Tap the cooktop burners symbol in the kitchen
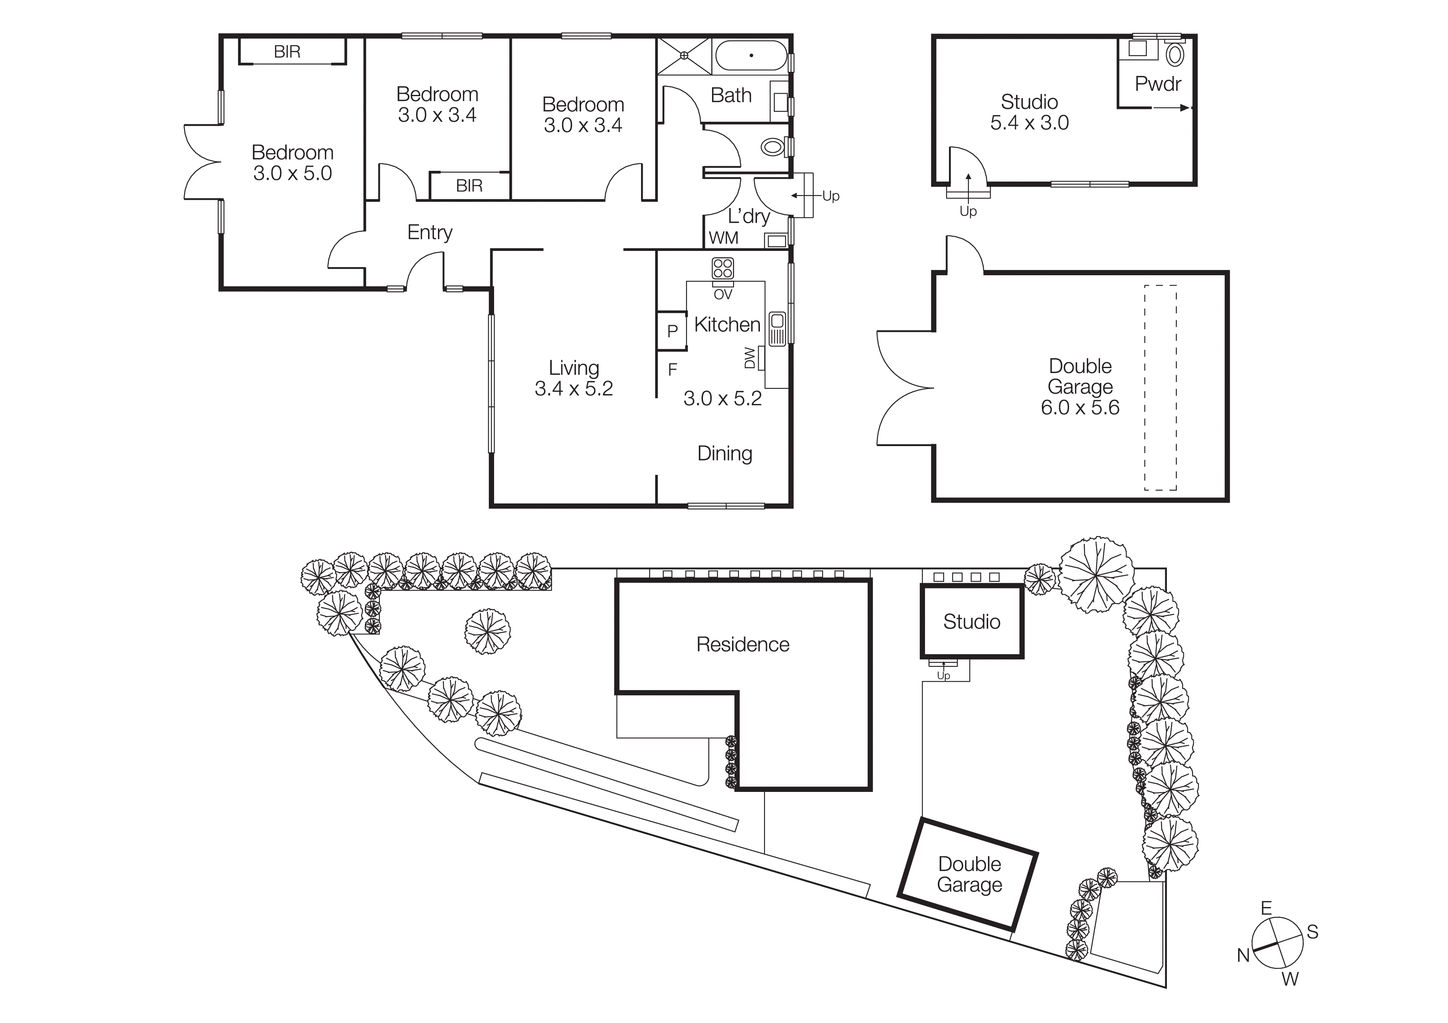coord(723,268)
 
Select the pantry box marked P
coord(672,330)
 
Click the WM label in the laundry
coord(723,238)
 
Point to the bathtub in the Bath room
coord(751,55)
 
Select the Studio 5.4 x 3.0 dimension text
coord(1029,123)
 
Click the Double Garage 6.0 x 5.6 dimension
coord(1080,408)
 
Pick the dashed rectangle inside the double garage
coord(1160,387)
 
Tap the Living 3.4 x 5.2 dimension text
coord(573,389)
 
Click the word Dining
coord(725,454)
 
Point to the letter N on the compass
coord(1243,956)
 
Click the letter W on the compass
coord(1290,979)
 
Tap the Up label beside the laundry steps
coord(830,196)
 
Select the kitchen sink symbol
coord(777,329)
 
